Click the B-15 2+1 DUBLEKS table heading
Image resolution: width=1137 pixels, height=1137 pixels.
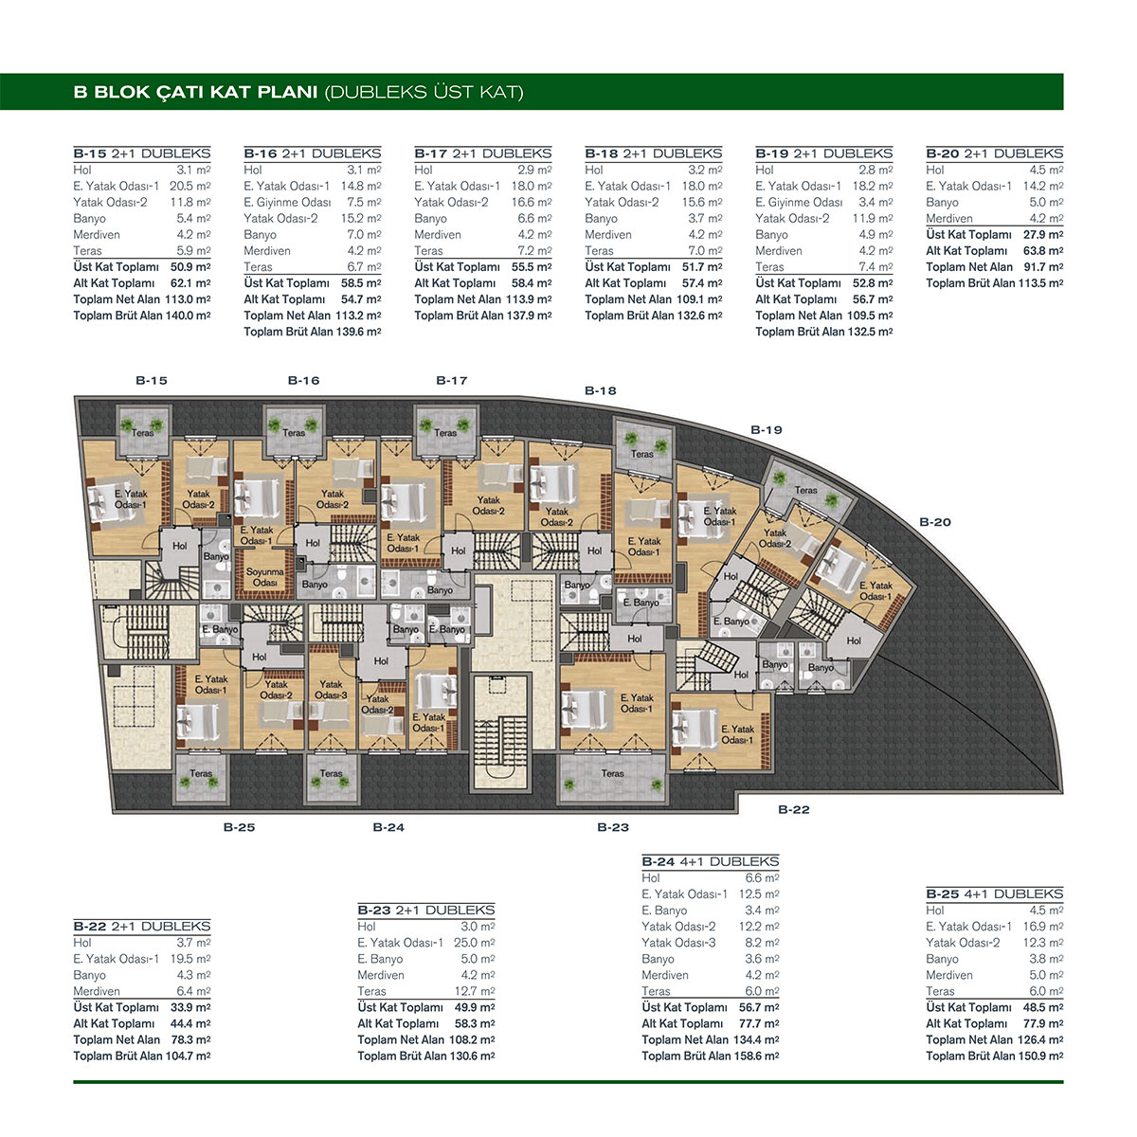141,153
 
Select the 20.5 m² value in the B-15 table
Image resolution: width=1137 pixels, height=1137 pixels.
190,186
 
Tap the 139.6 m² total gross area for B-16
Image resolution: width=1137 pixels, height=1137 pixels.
358,332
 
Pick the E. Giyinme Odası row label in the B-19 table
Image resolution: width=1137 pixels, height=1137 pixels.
799,203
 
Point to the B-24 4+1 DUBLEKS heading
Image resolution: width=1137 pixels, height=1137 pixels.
711,861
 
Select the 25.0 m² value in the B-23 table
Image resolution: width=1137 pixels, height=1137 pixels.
475,943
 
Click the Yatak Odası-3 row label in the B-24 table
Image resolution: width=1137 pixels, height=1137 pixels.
678,943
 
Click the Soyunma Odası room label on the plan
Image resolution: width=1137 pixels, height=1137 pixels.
265,577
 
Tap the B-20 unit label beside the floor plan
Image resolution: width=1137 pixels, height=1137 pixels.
935,521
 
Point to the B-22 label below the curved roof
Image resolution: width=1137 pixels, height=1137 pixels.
794,809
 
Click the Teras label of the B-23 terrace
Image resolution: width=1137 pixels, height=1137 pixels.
612,773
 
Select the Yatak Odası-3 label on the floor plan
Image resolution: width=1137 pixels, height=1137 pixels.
331,690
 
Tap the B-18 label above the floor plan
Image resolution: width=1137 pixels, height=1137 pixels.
600,390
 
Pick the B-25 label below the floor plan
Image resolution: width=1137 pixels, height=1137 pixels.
239,827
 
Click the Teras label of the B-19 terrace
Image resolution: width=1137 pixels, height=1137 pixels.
805,490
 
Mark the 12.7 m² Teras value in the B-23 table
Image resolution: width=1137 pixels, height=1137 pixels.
475,991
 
